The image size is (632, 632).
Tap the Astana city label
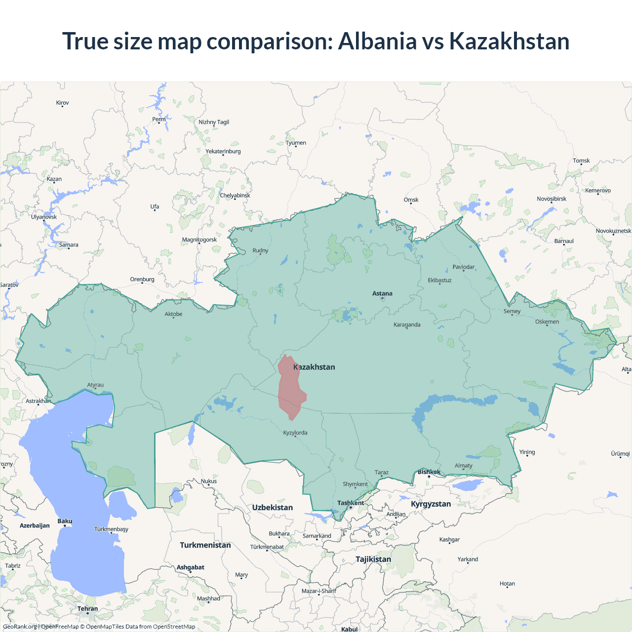[x=382, y=293]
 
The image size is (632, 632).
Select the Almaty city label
[x=463, y=466]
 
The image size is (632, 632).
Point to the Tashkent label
[x=351, y=503]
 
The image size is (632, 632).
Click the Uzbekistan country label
[x=272, y=508]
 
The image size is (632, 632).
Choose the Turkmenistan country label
[x=205, y=545]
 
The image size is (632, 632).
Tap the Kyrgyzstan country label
[x=431, y=504]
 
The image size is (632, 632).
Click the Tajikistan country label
[x=373, y=559]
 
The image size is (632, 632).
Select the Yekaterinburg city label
[x=223, y=152]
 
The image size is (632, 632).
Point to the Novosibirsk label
[x=552, y=199]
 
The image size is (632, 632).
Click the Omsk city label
[x=411, y=200]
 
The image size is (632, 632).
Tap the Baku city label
[x=65, y=521]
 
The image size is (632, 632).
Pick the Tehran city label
[x=87, y=609]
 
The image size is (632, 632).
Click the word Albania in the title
[x=377, y=41]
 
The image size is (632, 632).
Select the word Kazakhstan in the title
[x=509, y=41]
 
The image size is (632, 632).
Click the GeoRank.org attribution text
[x=20, y=627]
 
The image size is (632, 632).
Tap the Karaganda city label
[x=407, y=325]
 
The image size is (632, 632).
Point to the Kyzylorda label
[x=295, y=433]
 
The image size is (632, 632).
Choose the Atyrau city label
[x=95, y=385]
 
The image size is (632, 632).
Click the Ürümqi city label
[x=620, y=454]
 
